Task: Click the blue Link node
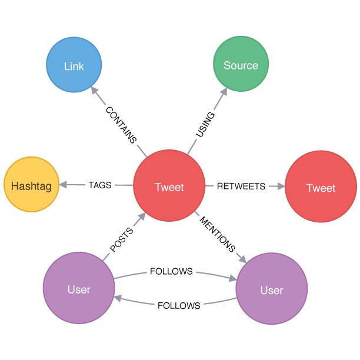tap(74, 65)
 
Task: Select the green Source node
tap(241, 64)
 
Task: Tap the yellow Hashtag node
tap(31, 184)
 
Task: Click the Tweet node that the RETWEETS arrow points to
tap(321, 186)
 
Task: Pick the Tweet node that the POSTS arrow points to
tap(169, 185)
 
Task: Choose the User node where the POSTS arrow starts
tap(79, 288)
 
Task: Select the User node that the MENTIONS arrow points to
tap(272, 289)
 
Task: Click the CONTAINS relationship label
tap(121, 125)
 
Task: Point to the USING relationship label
tap(205, 125)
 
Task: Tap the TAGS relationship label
tap(100, 185)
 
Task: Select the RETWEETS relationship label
tap(241, 186)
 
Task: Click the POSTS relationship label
tap(121, 240)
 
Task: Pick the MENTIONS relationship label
tap(218, 235)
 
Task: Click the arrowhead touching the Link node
tap(95, 90)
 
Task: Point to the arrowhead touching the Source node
tap(224, 92)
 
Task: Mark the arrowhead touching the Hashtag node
tap(63, 185)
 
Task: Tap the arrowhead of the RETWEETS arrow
tap(281, 186)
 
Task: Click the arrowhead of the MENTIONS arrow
tap(243, 259)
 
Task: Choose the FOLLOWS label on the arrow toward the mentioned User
tap(171, 271)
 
